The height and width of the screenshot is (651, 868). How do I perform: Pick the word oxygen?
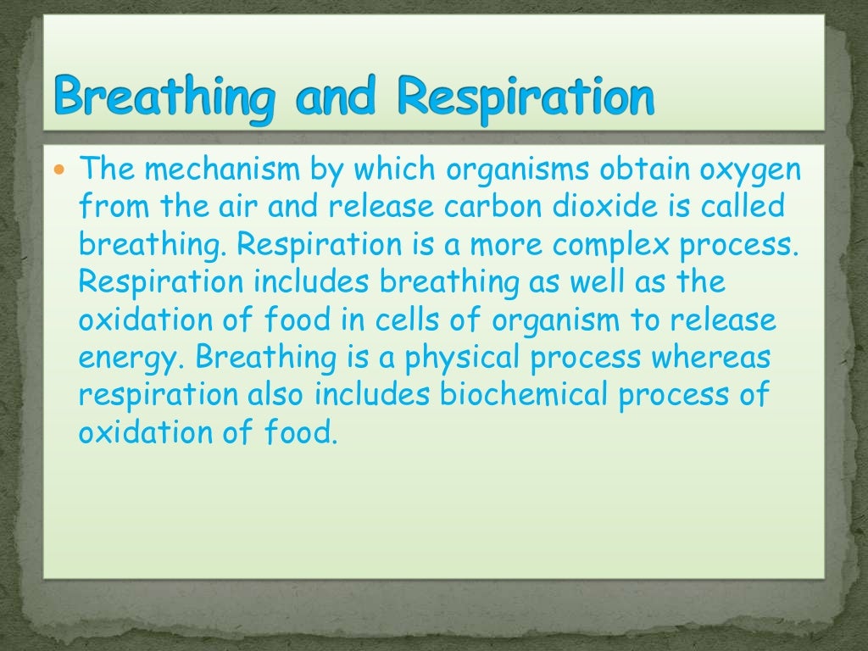click(749, 170)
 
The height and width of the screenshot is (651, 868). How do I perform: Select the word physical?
click(463, 358)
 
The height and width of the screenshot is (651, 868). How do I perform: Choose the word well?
click(591, 283)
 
